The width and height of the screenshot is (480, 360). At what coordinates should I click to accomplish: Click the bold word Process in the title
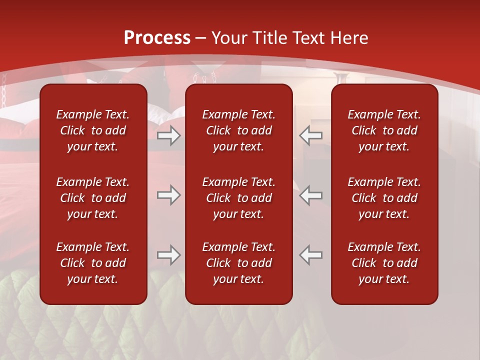tap(157, 38)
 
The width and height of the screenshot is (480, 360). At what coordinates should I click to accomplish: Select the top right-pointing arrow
tap(169, 135)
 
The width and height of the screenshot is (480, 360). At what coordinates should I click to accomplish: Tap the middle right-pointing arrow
tap(169, 195)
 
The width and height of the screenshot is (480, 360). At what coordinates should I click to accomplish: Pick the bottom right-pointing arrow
tap(169, 255)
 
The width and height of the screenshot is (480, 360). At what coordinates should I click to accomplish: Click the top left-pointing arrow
tap(311, 135)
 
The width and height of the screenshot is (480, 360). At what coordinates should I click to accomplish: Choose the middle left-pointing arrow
tap(311, 195)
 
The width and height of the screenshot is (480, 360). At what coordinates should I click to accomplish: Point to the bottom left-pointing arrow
tap(311, 255)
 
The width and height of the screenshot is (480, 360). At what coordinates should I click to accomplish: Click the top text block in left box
tap(93, 130)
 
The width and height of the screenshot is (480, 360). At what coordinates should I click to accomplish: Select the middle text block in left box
tap(93, 198)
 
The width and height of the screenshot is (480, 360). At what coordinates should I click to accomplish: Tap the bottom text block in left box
tap(93, 263)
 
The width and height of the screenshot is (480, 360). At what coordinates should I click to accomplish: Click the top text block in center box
tap(238, 130)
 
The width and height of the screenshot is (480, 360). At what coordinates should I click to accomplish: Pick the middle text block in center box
tap(238, 198)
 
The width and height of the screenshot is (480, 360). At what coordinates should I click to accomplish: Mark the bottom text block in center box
tap(238, 263)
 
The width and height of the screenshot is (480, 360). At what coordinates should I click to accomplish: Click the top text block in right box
tap(384, 130)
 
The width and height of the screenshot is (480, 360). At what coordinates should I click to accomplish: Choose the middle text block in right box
tap(384, 198)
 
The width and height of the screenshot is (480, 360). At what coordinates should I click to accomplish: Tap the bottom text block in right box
tap(384, 263)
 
